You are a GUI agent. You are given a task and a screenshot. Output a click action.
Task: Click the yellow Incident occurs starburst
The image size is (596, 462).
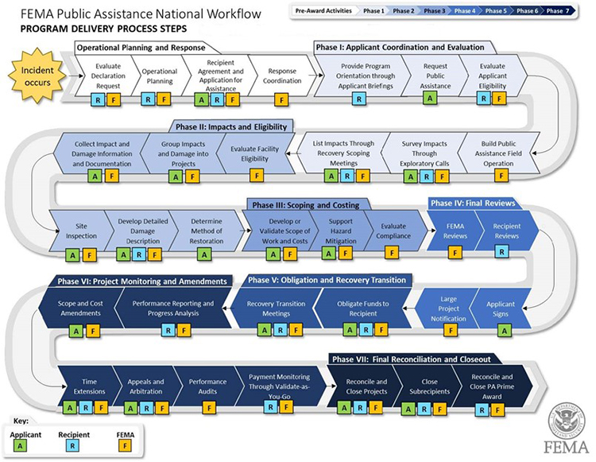click(37, 76)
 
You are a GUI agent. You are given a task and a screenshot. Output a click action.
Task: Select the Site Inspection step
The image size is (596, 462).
click(81, 231)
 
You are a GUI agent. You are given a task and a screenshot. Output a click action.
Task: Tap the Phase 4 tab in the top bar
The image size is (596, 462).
click(465, 11)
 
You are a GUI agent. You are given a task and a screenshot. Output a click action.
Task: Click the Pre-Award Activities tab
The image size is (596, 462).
click(323, 11)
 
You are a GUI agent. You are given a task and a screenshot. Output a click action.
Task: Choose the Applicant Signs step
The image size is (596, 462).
click(500, 309)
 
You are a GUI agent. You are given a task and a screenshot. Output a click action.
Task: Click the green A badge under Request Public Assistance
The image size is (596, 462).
click(430, 98)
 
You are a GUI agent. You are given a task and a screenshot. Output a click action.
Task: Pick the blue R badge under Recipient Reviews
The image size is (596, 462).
click(501, 251)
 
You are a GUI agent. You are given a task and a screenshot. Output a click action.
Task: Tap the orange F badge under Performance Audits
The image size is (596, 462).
click(209, 409)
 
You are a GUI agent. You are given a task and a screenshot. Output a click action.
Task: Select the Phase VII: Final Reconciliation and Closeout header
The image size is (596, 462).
click(412, 359)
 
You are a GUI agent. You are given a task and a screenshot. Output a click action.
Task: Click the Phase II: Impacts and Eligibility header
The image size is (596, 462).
click(231, 126)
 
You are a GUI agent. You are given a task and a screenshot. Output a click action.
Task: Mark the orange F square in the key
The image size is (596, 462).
click(125, 445)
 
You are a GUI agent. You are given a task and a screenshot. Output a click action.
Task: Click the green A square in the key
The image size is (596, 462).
click(20, 445)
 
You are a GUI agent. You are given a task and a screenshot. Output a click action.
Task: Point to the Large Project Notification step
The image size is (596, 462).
click(448, 309)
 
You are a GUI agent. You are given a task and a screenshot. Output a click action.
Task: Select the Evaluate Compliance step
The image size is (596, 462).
click(393, 231)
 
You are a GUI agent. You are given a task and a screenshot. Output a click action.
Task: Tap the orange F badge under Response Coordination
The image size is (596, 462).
click(281, 100)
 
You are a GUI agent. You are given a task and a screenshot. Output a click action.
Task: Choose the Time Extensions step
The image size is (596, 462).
click(89, 386)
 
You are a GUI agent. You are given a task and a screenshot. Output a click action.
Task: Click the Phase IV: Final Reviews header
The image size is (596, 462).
click(473, 203)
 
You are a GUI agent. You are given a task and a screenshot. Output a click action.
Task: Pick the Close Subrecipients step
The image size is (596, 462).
click(429, 386)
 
